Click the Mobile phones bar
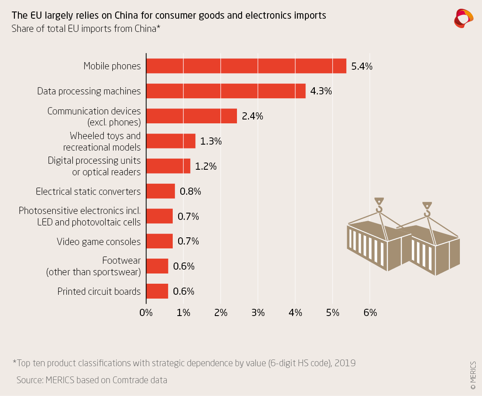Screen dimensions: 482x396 [x=246, y=66]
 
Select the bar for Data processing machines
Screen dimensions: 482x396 [x=226, y=91]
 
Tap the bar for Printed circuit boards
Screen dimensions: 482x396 [x=157, y=291]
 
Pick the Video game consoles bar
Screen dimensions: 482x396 [x=160, y=241]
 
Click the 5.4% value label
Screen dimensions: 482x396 [x=362, y=66]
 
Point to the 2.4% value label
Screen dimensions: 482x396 [x=252, y=116]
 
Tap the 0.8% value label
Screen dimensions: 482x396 [x=190, y=191]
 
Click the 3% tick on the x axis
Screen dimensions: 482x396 [x=258, y=313]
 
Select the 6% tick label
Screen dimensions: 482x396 [x=370, y=313]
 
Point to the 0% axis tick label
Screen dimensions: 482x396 [x=146, y=313]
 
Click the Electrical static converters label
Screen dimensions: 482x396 [x=88, y=191]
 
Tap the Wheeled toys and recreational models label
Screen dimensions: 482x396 [x=102, y=141]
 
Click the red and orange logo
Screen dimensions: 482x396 [x=464, y=18]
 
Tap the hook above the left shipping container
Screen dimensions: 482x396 [x=379, y=205]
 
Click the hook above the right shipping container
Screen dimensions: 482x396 [x=427, y=210]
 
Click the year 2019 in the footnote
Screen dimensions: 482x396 [x=345, y=363]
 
